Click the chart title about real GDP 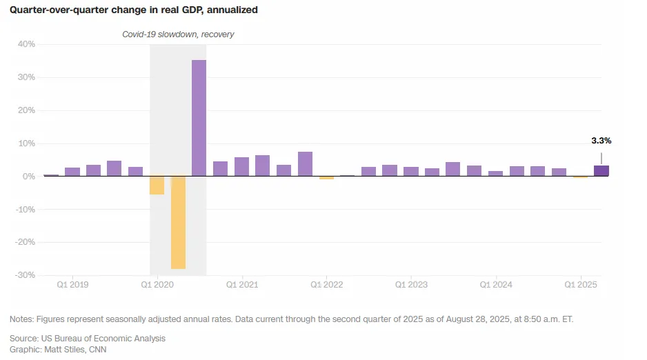(134, 10)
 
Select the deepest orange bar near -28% (178, 222)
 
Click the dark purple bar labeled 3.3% (601, 171)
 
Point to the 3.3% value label (601, 141)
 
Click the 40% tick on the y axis (26, 44)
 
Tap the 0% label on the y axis (28, 177)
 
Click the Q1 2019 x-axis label (72, 285)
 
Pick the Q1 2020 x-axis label (157, 285)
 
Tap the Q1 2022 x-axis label (326, 285)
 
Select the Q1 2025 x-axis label (581, 285)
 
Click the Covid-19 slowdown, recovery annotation (178, 34)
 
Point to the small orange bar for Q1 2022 (326, 178)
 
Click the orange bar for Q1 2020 (157, 186)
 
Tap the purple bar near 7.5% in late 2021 (305, 164)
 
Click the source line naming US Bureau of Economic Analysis (88, 339)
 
